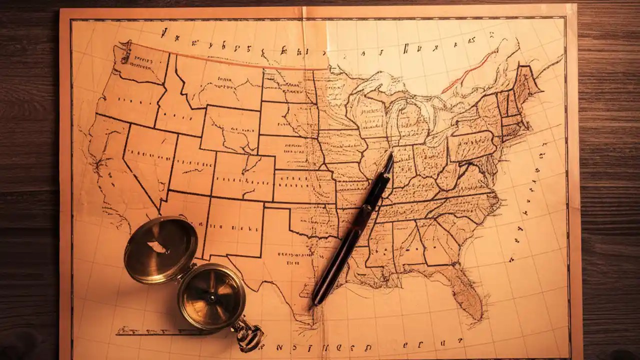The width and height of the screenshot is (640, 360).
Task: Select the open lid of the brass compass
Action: (x=160, y=249)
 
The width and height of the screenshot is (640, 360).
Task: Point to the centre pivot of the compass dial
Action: (x=212, y=297)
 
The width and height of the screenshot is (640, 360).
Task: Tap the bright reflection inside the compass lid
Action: (x=158, y=246)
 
